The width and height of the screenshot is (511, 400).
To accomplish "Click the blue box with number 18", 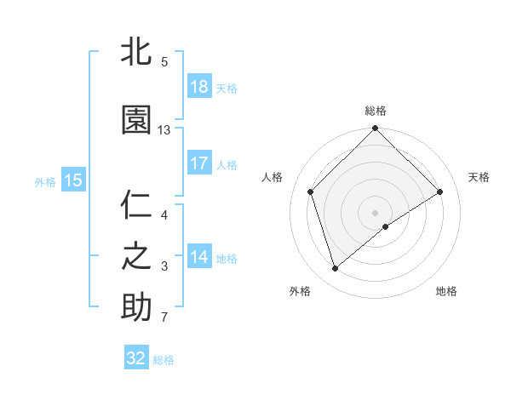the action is [199, 87].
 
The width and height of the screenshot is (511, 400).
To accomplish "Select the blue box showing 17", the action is [199, 163].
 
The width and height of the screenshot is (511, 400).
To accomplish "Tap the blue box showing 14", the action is [199, 257].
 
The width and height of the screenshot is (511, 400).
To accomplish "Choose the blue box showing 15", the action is [72, 180].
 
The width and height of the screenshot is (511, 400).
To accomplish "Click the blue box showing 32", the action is [136, 358].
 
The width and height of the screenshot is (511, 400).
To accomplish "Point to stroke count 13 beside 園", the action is [164, 130].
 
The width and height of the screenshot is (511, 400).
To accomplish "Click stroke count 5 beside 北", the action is [164, 62].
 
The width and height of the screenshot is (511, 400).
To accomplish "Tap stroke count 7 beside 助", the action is [164, 318].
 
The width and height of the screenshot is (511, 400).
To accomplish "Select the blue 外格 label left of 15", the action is [45, 180].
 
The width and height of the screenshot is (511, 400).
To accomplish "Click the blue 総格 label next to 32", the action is [164, 359].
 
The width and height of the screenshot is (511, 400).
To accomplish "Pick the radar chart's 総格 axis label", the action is [375, 111].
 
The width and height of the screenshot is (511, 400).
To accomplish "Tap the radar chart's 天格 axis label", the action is [479, 177].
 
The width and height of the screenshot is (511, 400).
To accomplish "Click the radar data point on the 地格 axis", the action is [386, 226].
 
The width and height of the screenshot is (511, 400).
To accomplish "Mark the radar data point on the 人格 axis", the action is [310, 191].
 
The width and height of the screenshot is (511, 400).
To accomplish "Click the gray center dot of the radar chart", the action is [375, 212].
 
